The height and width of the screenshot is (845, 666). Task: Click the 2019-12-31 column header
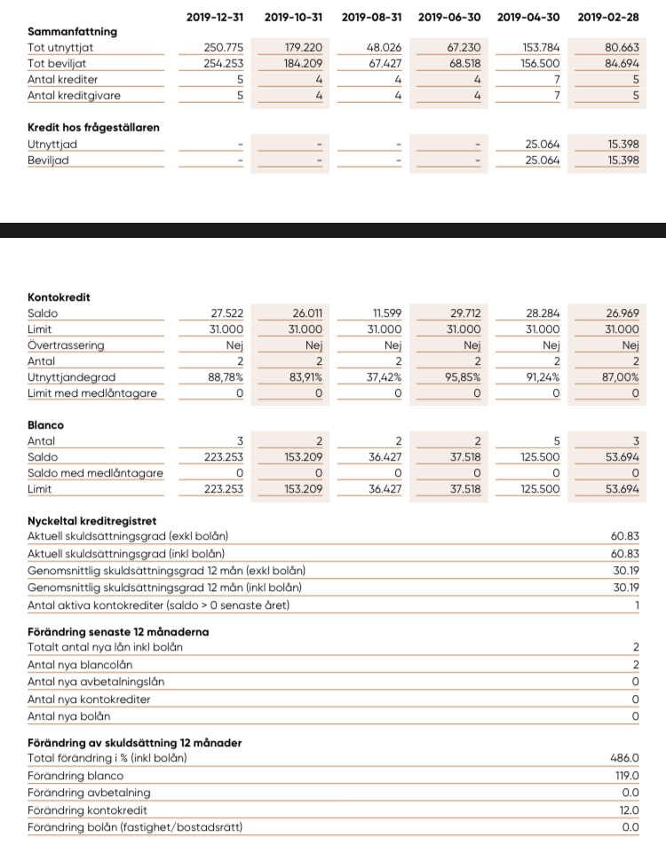pyautogui.click(x=216, y=16)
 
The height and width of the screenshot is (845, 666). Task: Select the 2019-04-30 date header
pyautogui.click(x=528, y=16)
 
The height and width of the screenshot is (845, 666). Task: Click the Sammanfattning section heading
pyautogui.click(x=72, y=32)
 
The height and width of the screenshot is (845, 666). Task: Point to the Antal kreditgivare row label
pyautogui.click(x=74, y=96)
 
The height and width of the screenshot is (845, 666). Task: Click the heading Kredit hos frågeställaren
pyautogui.click(x=93, y=128)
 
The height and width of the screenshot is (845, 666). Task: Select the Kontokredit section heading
pyautogui.click(x=59, y=298)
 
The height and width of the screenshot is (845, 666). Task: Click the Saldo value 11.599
pyautogui.click(x=385, y=314)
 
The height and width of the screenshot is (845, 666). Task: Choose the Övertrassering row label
pyautogui.click(x=66, y=345)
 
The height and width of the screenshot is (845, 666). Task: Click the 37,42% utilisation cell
pyautogui.click(x=385, y=377)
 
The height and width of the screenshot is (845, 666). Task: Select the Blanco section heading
pyautogui.click(x=45, y=425)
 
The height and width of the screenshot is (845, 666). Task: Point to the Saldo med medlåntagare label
pyautogui.click(x=95, y=473)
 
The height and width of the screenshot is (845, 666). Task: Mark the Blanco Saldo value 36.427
pyautogui.click(x=384, y=457)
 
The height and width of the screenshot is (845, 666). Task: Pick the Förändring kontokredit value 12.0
pyautogui.click(x=629, y=810)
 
